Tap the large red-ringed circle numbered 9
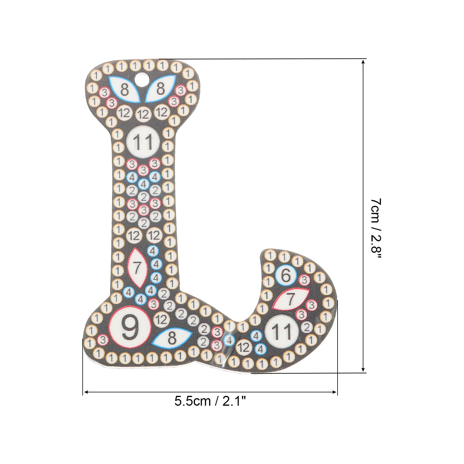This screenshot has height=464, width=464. pos(130,327)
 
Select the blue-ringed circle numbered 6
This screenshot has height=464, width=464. pos(286,275)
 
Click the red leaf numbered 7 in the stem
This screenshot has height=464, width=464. pos(137,268)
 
